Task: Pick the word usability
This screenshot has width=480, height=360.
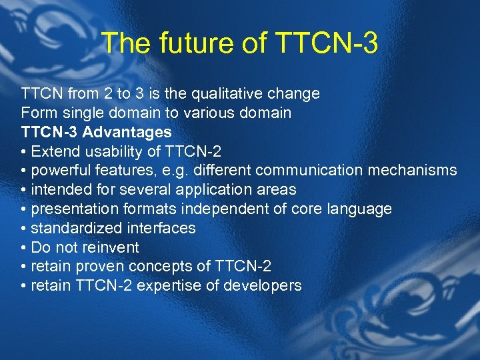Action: (112, 151)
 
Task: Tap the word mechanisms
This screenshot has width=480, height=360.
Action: (411, 171)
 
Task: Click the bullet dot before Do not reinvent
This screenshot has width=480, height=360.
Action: (24, 248)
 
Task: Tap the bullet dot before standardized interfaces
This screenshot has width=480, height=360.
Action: (24, 229)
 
